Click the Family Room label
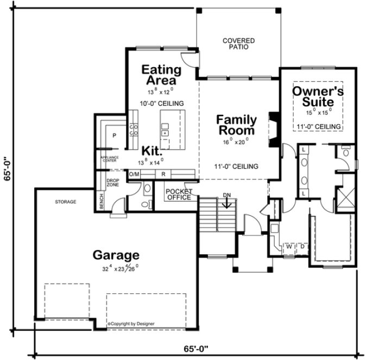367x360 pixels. point(236,125)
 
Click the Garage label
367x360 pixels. point(116,255)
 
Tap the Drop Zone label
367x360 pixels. point(112,183)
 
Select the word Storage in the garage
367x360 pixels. point(65,202)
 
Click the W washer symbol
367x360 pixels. point(289,247)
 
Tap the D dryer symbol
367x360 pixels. point(302,247)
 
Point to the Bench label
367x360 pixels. point(101,200)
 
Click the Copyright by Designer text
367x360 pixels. point(131,323)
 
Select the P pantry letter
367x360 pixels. point(115,136)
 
